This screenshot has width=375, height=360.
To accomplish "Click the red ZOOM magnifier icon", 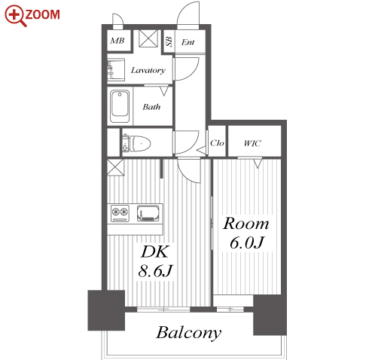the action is pyautogui.click(x=15, y=16).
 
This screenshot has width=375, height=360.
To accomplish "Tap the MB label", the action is pyautogui.click(x=117, y=41).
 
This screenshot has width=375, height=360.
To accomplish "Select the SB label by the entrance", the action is pyautogui.click(x=169, y=41).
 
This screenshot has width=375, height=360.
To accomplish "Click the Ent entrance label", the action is pyautogui.click(x=188, y=42).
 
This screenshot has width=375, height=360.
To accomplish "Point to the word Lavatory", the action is pyautogui.click(x=148, y=70).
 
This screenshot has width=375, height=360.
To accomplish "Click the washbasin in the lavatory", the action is pyautogui.click(x=116, y=70).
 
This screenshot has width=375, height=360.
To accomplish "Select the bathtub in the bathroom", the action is pyautogui.click(x=120, y=107).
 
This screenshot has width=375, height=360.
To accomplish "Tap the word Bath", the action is pyautogui.click(x=151, y=107).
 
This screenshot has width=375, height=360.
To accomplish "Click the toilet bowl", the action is pyautogui.click(x=137, y=144).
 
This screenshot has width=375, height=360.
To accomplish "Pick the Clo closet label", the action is pyautogui.click(x=217, y=143).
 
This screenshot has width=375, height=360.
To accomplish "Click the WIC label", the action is pyautogui.click(x=252, y=143).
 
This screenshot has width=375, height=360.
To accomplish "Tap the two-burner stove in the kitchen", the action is pyautogui.click(x=120, y=213).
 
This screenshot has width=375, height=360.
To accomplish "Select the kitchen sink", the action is pyautogui.click(x=148, y=213).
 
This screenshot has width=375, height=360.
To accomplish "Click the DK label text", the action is pyautogui.click(x=155, y=252).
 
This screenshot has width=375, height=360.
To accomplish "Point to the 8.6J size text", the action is pyautogui.click(x=156, y=270).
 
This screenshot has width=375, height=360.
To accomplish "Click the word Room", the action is pyautogui.click(x=246, y=224).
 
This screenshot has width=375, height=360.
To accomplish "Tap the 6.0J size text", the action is pyautogui.click(x=247, y=243).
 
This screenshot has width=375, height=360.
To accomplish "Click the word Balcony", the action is pyautogui.click(x=189, y=333).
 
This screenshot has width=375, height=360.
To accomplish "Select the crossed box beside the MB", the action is pyautogui.click(x=148, y=38).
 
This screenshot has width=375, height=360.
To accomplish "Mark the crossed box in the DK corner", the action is pyautogui.click(x=115, y=167).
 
